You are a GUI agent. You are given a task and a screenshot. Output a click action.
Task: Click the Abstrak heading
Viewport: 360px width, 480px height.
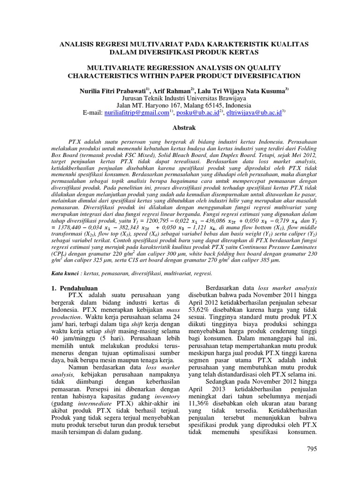click(x=180, y=127)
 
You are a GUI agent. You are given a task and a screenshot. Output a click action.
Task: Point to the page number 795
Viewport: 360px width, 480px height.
click(x=312, y=449)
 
